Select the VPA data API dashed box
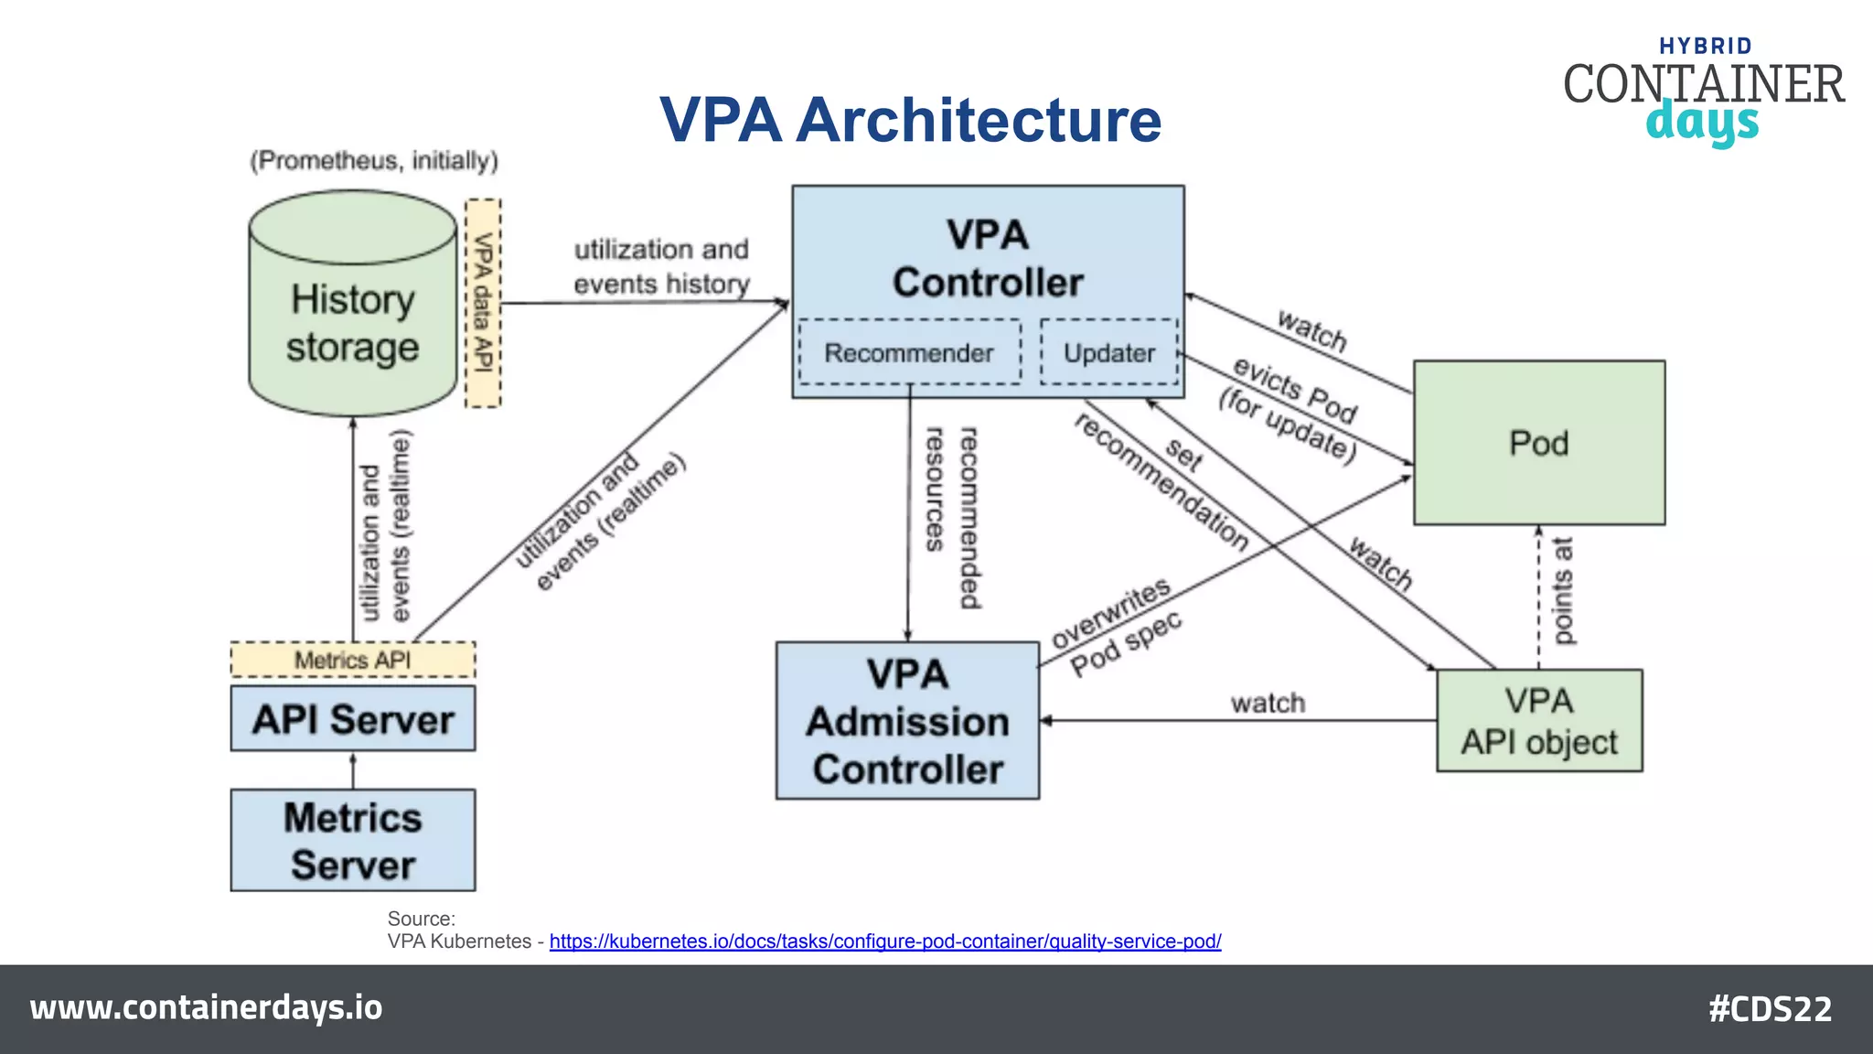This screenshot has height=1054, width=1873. tap(483, 303)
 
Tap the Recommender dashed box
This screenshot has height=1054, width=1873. tap(909, 352)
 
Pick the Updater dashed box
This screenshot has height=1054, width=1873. tap(1108, 352)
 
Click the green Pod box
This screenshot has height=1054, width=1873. tap(1538, 443)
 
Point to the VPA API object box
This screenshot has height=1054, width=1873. tap(1538, 721)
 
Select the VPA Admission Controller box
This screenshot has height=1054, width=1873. tap(907, 721)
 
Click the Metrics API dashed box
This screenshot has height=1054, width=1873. tap(352, 660)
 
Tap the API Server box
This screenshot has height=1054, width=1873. tap(352, 719)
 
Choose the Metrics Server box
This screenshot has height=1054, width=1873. tap(352, 840)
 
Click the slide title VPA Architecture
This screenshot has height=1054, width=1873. tap(910, 120)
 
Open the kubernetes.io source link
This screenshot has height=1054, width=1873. tap(884, 941)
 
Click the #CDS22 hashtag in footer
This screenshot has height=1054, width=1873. tap(1770, 1009)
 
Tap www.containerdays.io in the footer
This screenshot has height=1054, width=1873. tap(206, 1007)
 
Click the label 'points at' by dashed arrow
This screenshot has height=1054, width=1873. tap(1563, 591)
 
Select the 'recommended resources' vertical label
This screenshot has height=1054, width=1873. tap(951, 518)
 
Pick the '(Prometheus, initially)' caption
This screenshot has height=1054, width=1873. tap(374, 161)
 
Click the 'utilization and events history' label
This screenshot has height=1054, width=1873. tap(661, 266)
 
